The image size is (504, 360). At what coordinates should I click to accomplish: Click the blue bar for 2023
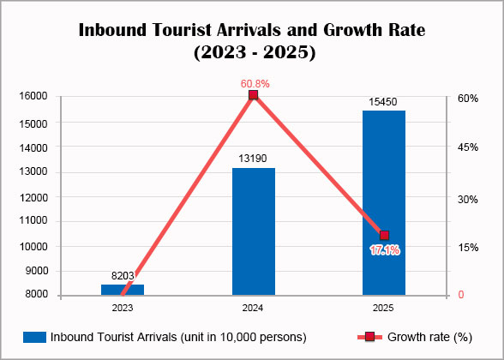[123, 290]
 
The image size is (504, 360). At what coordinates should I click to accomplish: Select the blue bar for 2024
[254, 231]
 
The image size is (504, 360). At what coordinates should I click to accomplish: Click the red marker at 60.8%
[254, 95]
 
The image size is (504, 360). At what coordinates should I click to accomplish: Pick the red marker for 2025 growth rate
[384, 236]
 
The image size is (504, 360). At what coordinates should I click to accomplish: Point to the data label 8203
[123, 276]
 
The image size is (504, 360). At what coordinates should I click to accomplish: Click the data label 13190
[254, 159]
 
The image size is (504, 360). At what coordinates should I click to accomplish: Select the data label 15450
[384, 102]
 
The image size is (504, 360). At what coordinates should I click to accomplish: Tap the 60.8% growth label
[255, 84]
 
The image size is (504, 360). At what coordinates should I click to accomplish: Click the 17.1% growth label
[384, 250]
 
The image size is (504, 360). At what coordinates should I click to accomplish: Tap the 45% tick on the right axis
[467, 147]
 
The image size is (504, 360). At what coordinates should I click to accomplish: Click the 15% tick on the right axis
[467, 247]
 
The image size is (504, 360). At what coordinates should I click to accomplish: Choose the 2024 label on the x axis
[254, 307]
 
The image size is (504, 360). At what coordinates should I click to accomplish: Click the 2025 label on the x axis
[384, 307]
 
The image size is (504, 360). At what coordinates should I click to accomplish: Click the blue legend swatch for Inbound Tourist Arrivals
[34, 336]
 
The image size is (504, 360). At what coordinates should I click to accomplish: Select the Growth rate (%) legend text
[428, 336]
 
